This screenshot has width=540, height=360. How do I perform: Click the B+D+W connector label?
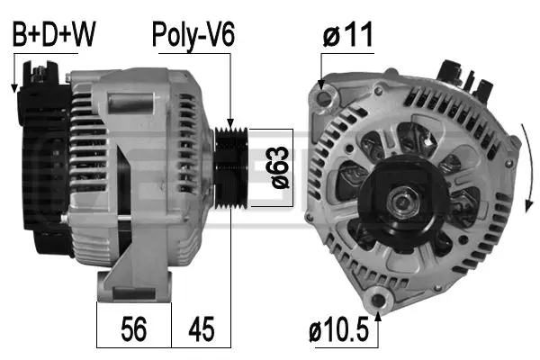(x=52, y=35)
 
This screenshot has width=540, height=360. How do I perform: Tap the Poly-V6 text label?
(x=193, y=35)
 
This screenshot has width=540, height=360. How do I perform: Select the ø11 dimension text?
(x=349, y=36)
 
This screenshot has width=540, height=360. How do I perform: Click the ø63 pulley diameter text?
(x=279, y=167)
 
